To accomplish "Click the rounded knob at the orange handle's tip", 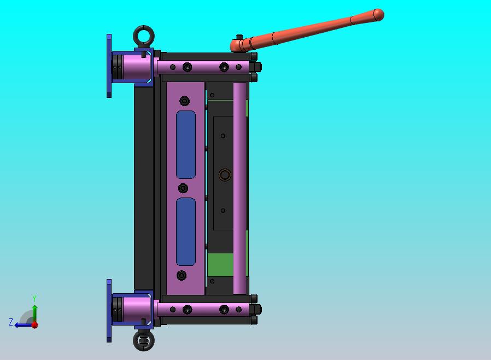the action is coord(378,15).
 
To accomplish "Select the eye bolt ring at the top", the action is coord(144,28).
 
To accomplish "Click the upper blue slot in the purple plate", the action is coord(186,144).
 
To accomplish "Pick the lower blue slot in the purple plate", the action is coord(186,231).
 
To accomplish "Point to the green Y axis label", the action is coord(34,298).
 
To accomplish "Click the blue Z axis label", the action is coord(11,322).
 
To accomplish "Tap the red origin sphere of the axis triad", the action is coord(35,325).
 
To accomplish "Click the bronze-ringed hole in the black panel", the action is coord(225,175).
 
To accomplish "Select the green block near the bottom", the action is coord(220,265).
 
